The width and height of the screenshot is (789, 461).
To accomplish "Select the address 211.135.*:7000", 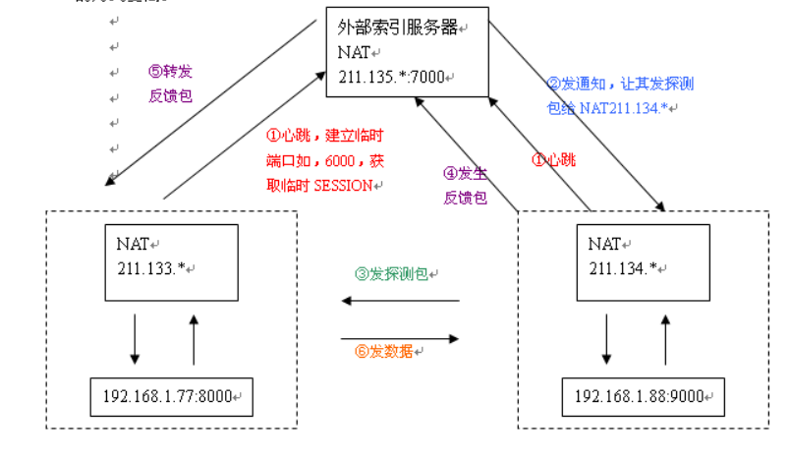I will click(x=392, y=76).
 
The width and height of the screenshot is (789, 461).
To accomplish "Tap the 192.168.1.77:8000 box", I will click(x=167, y=398).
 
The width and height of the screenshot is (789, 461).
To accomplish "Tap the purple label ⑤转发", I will click(x=170, y=72).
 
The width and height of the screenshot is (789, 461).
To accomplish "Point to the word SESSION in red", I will click(x=344, y=184).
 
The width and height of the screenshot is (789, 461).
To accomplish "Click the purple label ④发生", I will click(x=465, y=173).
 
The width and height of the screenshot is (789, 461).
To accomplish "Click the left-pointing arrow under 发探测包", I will click(x=400, y=301).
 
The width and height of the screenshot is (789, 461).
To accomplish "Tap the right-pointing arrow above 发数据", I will click(x=400, y=338).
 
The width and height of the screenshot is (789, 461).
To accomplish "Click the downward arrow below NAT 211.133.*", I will click(x=135, y=340).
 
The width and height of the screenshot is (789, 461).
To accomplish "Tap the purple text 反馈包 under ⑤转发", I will click(x=170, y=96).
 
